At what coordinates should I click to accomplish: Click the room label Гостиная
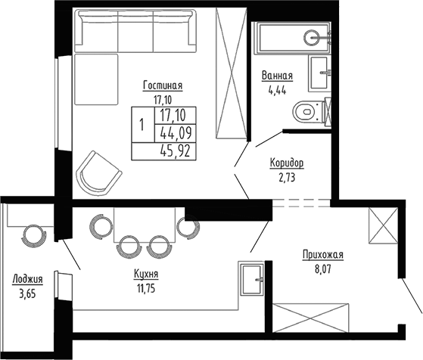(x=162, y=85)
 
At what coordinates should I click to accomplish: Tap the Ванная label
(x=277, y=76)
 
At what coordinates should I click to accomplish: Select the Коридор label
(x=286, y=163)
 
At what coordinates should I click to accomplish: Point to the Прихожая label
(x=322, y=255)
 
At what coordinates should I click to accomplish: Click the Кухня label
(x=144, y=275)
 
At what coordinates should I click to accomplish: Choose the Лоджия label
(x=27, y=278)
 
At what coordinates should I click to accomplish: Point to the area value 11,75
(x=144, y=287)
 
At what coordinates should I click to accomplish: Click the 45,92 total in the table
(x=174, y=150)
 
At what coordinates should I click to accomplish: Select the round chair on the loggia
(x=33, y=234)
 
